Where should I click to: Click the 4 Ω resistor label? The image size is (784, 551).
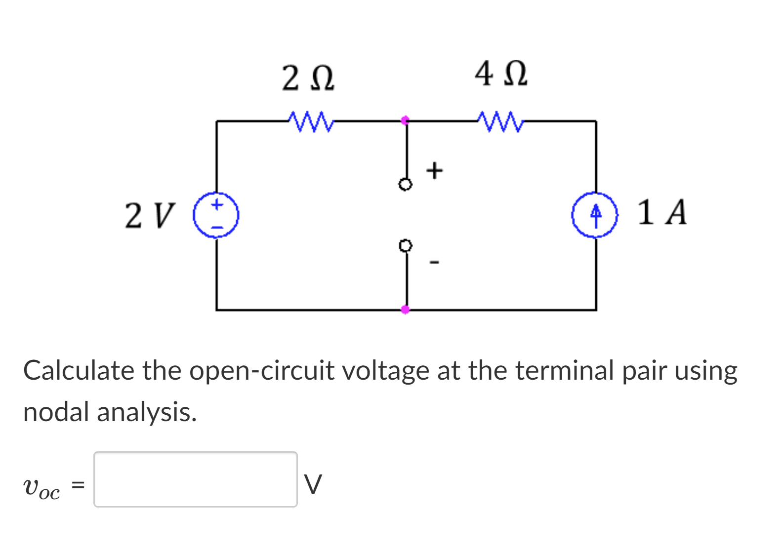pos(500,74)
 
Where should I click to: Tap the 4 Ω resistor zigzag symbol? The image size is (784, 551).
pos(500,121)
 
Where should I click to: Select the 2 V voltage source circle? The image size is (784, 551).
pos(216,215)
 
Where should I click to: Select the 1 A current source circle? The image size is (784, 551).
pos(595,215)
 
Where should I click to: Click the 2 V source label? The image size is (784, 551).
pos(150,216)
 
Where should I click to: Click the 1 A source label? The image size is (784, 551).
pos(661,213)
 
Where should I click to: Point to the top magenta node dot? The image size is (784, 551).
pos(405,120)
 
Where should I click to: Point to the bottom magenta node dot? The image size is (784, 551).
pos(405,310)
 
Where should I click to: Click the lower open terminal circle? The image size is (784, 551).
pos(405,245)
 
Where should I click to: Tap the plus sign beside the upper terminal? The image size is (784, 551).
pos(434,170)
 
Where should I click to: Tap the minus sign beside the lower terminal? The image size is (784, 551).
pos(434,262)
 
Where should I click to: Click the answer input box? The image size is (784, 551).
pos(196,479)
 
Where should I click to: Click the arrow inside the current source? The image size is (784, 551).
pos(596,215)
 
